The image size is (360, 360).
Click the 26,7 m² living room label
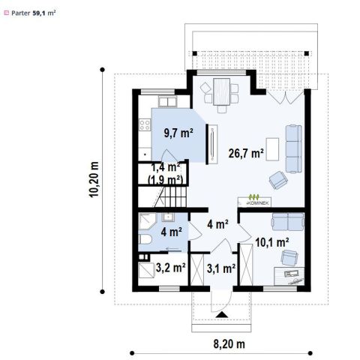pyautogui.click(x=246, y=153)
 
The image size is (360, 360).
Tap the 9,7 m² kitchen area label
pyautogui.click(x=178, y=133)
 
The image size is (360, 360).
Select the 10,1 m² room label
pyautogui.click(x=272, y=242)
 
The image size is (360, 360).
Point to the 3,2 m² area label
pyautogui.click(x=170, y=268)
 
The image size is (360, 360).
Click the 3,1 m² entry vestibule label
pyautogui.click(x=221, y=268)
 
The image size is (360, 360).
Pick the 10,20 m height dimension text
pyautogui.click(x=94, y=179)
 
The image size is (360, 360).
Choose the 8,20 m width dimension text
pyautogui.click(x=229, y=344)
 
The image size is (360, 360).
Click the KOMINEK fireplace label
pyautogui.click(x=257, y=203)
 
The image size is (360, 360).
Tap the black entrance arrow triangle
pyautogui.click(x=222, y=315)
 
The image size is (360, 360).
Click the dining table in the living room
pyautogui.click(x=221, y=91)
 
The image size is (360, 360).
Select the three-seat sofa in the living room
pyautogui.click(x=294, y=148)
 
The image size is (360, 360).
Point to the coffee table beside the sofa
pyautogui.click(x=272, y=149)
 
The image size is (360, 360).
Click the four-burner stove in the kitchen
pyautogui.click(x=145, y=124)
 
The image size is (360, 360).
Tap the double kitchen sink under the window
pyautogui.click(x=168, y=102)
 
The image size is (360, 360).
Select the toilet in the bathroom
pyautogui.click(x=145, y=239)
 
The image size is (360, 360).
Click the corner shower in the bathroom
pyautogui.click(x=147, y=221)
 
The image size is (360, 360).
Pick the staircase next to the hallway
pyautogui.click(x=170, y=196)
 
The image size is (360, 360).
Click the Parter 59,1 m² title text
pyautogui.click(x=33, y=13)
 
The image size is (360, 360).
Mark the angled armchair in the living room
pyautogui.click(x=278, y=180)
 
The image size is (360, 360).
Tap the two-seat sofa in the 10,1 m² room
pyautogui.click(x=288, y=221)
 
